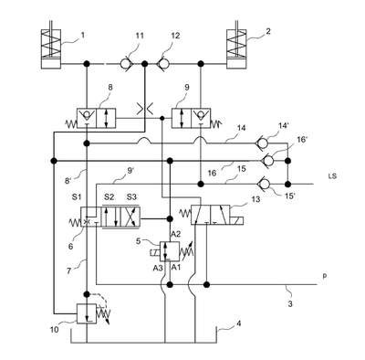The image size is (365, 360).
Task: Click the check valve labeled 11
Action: (125, 64)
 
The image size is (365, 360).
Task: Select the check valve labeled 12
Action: (163, 64)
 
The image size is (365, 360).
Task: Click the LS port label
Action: (332, 176)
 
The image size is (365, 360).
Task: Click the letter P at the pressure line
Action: (325, 276)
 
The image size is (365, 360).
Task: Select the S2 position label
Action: (109, 196)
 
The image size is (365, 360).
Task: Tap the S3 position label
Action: (131, 196)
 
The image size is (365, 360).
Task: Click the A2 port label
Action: (175, 234)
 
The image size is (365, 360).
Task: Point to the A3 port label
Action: (158, 268)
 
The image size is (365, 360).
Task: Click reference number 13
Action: (256, 199)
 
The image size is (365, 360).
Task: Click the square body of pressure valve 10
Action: (87, 313)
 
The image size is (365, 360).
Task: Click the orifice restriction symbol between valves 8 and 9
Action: (145, 109)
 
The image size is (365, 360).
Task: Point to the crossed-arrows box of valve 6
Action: (130, 217)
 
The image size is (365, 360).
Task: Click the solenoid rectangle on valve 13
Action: (237, 221)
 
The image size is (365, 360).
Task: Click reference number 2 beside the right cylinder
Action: (267, 31)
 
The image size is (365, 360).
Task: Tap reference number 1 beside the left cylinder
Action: (83, 35)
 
